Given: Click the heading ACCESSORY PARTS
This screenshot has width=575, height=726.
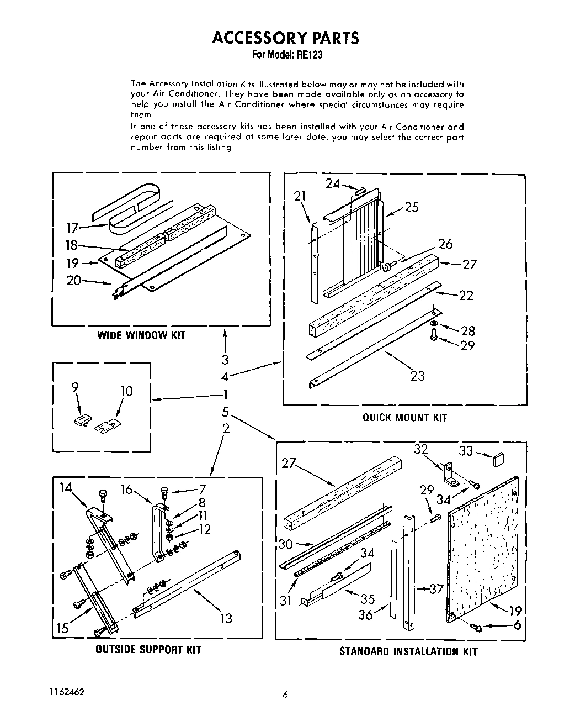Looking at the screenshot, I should (x=285, y=38).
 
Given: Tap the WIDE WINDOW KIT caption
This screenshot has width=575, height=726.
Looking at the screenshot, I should (x=141, y=335).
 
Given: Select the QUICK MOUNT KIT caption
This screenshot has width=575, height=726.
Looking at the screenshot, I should (x=404, y=417).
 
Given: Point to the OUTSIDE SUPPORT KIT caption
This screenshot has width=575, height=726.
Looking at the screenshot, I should (x=148, y=649).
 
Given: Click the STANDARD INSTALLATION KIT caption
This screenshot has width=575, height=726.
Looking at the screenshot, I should (x=408, y=651).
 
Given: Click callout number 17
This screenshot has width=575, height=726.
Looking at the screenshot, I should (x=72, y=228).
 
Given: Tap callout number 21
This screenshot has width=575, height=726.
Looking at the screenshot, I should (x=300, y=197).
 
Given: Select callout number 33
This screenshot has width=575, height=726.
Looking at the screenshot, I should (x=466, y=451).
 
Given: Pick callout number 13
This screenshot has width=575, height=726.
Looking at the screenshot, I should (x=226, y=618).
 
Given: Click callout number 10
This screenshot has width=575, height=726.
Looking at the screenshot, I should (x=126, y=392).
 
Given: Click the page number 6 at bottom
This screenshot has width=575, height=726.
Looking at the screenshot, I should (x=285, y=695).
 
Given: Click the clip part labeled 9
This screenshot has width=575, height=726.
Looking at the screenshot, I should (x=81, y=421).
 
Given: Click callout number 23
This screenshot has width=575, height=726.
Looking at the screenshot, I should (x=418, y=376).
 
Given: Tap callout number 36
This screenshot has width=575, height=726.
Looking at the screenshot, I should (x=366, y=614).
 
